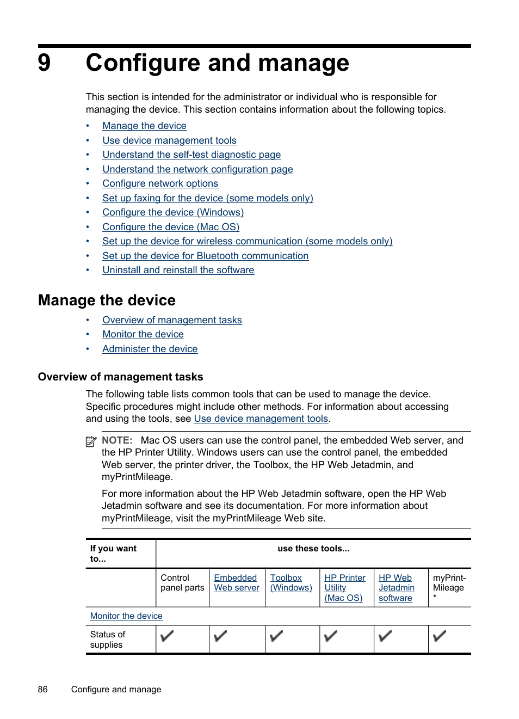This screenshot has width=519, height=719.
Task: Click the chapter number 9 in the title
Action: coord(45,63)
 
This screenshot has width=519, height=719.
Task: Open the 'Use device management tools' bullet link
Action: coord(169,140)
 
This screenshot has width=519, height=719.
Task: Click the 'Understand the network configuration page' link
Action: coord(197,169)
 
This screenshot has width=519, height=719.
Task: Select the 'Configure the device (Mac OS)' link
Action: coord(171,227)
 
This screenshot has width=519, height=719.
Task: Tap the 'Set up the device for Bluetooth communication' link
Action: coord(205,256)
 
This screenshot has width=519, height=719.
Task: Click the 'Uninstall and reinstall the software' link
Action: coord(178,270)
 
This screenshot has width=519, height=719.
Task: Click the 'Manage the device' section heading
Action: coord(107,300)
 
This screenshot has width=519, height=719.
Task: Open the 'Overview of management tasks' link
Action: coord(172,320)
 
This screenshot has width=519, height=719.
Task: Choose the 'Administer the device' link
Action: coord(150,349)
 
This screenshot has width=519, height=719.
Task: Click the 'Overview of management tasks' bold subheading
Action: coord(120,377)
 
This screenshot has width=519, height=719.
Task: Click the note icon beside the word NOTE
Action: coord(91,441)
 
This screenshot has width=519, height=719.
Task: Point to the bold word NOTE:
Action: coord(117,440)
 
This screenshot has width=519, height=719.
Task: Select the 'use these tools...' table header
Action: coord(313,549)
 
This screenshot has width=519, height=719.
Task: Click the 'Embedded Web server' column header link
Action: coord(236,582)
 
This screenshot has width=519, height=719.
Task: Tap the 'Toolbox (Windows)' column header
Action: coord(291,582)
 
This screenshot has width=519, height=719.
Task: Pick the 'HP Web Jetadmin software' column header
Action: coord(396,588)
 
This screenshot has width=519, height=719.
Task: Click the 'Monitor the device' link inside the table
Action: coord(126,616)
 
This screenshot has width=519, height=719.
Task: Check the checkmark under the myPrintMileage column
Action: coord(440,636)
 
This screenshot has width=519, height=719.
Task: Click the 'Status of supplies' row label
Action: coord(107,640)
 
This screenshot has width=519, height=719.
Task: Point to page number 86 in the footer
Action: coord(43,689)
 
